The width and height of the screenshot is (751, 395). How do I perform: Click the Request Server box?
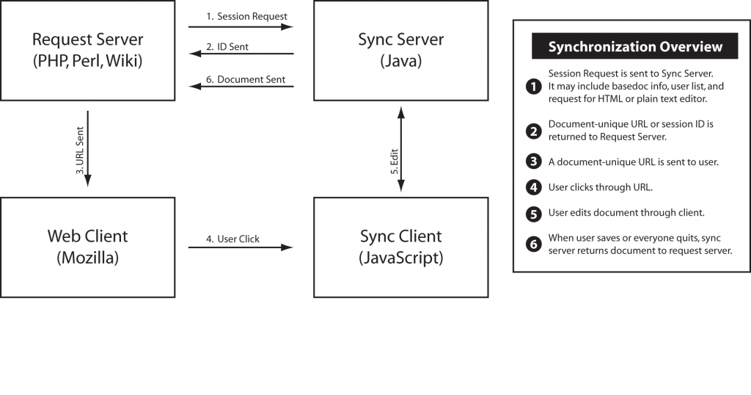click(x=88, y=51)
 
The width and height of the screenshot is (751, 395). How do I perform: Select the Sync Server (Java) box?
click(x=401, y=51)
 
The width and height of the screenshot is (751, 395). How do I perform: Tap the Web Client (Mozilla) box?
click(x=88, y=247)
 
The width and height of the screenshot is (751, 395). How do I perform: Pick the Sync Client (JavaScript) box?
click(x=401, y=247)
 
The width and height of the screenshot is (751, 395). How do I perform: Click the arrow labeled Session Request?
click(x=241, y=27)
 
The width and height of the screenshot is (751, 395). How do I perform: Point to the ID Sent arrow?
click(x=241, y=53)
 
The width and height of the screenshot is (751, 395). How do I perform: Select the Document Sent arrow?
click(x=241, y=87)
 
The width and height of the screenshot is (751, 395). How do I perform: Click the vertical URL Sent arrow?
click(x=88, y=148)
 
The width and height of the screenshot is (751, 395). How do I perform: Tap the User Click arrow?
click(x=241, y=247)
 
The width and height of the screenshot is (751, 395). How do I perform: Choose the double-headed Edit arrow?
click(x=401, y=149)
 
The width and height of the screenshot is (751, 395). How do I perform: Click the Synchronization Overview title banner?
click(x=634, y=46)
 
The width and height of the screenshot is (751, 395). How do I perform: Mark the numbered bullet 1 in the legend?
click(x=534, y=87)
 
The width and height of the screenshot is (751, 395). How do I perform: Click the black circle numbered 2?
click(x=534, y=131)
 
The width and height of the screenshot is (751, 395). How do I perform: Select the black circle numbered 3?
click(x=534, y=162)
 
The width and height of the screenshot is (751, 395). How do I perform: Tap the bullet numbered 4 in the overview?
click(x=534, y=187)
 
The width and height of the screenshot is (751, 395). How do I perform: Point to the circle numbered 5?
click(x=534, y=214)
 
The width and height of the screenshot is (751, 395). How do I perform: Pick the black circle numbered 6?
click(x=534, y=244)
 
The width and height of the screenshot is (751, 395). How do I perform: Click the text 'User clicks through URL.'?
click(x=600, y=187)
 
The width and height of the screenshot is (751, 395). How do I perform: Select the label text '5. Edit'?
click(x=394, y=162)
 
